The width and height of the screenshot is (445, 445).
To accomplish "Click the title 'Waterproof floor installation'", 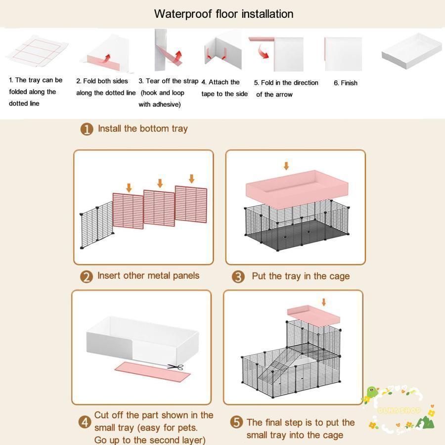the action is tap(223, 14).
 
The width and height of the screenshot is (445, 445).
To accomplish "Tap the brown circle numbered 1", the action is tap(87, 129).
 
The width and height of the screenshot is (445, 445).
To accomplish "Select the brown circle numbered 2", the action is tap(87, 277).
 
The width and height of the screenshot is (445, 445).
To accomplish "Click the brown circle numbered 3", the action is tap(238, 277).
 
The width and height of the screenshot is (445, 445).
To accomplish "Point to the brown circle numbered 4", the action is tap(85, 423).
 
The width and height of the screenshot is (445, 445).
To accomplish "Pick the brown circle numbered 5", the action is tap(236, 422).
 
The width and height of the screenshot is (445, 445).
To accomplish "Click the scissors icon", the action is tap(176, 367).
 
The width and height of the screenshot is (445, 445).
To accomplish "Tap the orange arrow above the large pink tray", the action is tap(286, 166).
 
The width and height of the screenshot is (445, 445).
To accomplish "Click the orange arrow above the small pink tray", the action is tap(323, 302).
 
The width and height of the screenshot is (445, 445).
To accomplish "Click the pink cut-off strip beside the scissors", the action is tap(152, 371).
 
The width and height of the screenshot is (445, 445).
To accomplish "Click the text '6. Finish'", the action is tap(346, 83).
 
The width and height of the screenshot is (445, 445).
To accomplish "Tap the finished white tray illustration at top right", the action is tap(411, 51).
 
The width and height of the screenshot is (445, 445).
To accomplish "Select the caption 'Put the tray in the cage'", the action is tap(301, 276).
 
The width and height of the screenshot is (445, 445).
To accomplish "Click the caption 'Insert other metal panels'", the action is tap(148, 275).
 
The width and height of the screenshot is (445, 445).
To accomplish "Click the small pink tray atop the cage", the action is tap(313, 315).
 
